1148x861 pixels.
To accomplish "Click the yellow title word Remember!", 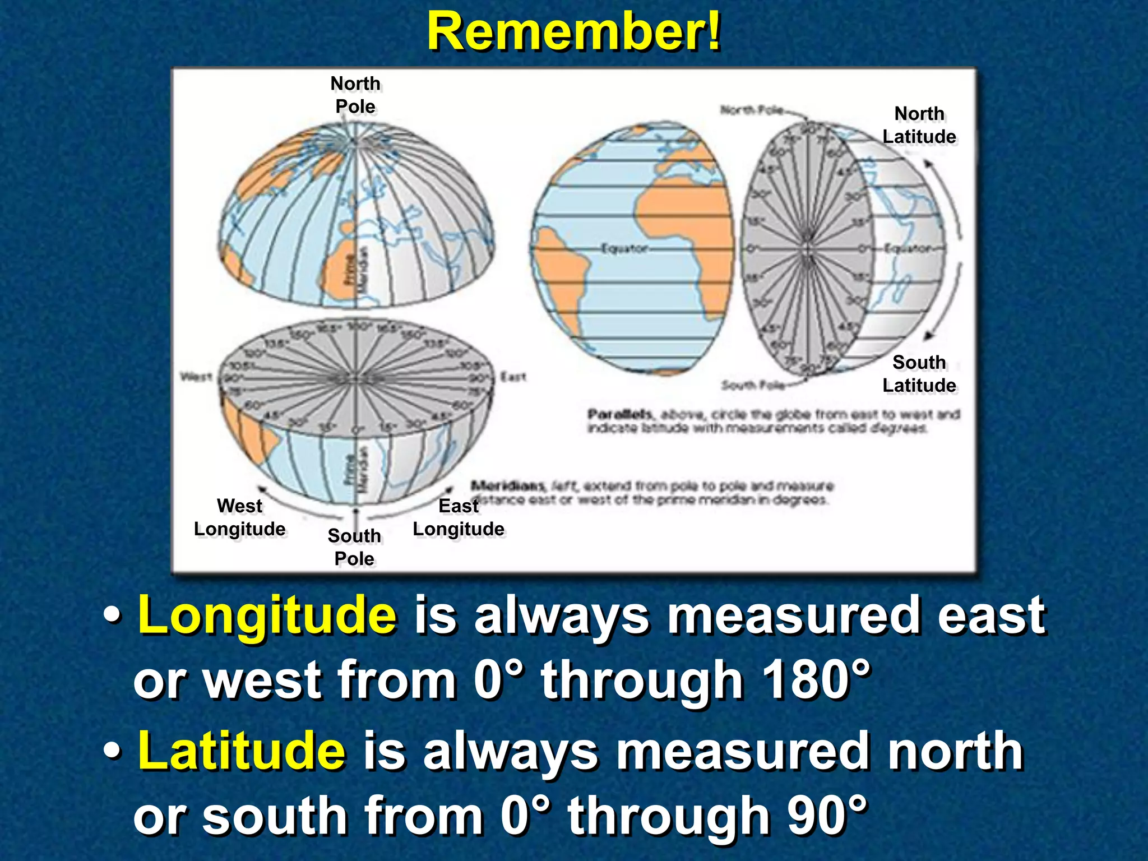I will click(x=573, y=32).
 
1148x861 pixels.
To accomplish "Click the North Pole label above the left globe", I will click(x=355, y=95).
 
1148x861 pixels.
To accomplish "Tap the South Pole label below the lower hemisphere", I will click(x=354, y=547).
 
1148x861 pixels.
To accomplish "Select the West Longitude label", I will click(x=239, y=517).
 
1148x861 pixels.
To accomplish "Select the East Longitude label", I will click(x=459, y=517).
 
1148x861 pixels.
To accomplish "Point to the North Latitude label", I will click(x=919, y=125).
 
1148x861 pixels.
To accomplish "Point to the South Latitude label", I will click(x=919, y=374).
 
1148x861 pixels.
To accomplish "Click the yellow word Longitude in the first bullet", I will click(x=267, y=615).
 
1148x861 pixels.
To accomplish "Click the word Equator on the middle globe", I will click(x=624, y=248).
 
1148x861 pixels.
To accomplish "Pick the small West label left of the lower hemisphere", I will click(x=196, y=376).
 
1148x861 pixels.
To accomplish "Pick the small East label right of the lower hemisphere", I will click(x=513, y=377).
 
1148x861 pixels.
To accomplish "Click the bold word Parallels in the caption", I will click(x=620, y=414).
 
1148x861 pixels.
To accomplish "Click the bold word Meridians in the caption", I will click(x=508, y=485).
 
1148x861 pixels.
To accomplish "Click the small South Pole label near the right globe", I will click(x=752, y=385).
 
